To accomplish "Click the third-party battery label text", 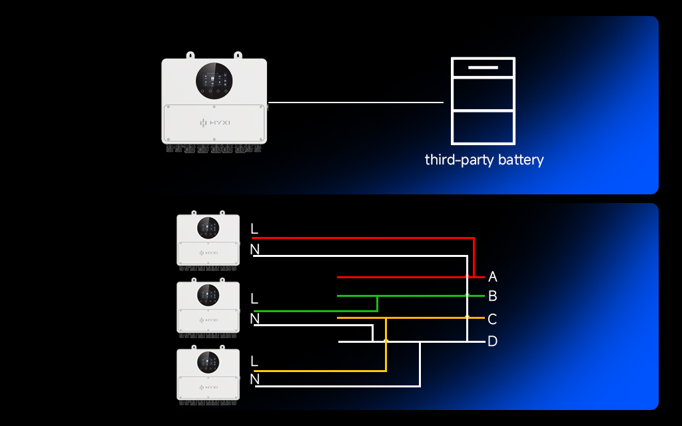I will pyautogui.click(x=484, y=160).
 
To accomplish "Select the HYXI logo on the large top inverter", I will pyautogui.click(x=214, y=123).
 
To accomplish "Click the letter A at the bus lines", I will pyautogui.click(x=493, y=276).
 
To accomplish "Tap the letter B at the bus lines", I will pyautogui.click(x=493, y=296).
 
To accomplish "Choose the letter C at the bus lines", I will pyautogui.click(x=493, y=319).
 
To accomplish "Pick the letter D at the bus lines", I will pyautogui.click(x=493, y=341).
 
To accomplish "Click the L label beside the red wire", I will pyautogui.click(x=254, y=229).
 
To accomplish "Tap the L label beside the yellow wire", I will pyautogui.click(x=254, y=361).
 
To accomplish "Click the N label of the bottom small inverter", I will pyautogui.click(x=254, y=379).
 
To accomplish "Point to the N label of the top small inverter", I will pyautogui.click(x=254, y=250).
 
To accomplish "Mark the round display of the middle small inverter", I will pyautogui.click(x=208, y=294).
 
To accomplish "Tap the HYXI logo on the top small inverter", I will pyautogui.click(x=208, y=253).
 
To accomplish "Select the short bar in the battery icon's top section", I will pyautogui.click(x=483, y=68).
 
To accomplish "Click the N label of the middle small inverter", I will pyautogui.click(x=254, y=319).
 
